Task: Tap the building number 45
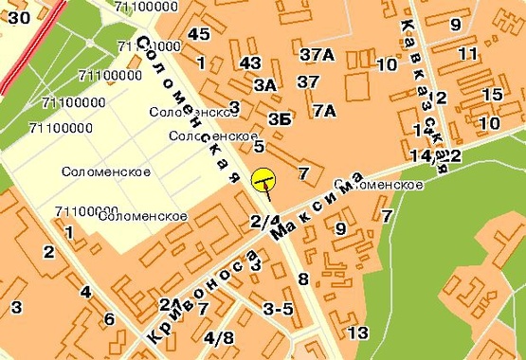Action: (198, 34)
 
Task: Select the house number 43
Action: (250, 63)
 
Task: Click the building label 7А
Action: (324, 111)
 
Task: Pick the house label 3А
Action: (265, 85)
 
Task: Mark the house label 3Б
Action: (279, 118)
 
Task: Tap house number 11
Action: (467, 54)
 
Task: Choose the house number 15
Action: (492, 95)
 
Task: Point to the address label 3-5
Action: (278, 309)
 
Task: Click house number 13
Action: (357, 333)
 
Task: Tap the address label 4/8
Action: (218, 337)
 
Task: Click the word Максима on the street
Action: (317, 207)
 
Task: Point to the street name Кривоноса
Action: (206, 297)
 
